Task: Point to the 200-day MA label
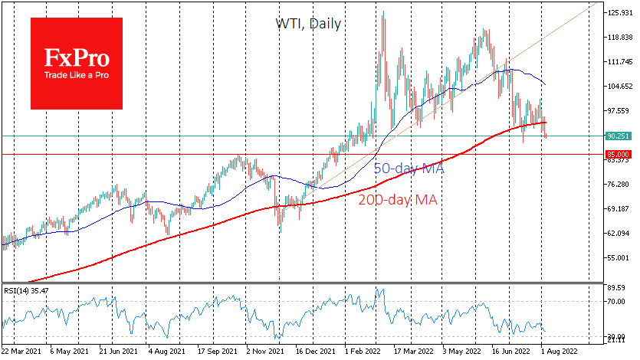click(x=399, y=200)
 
